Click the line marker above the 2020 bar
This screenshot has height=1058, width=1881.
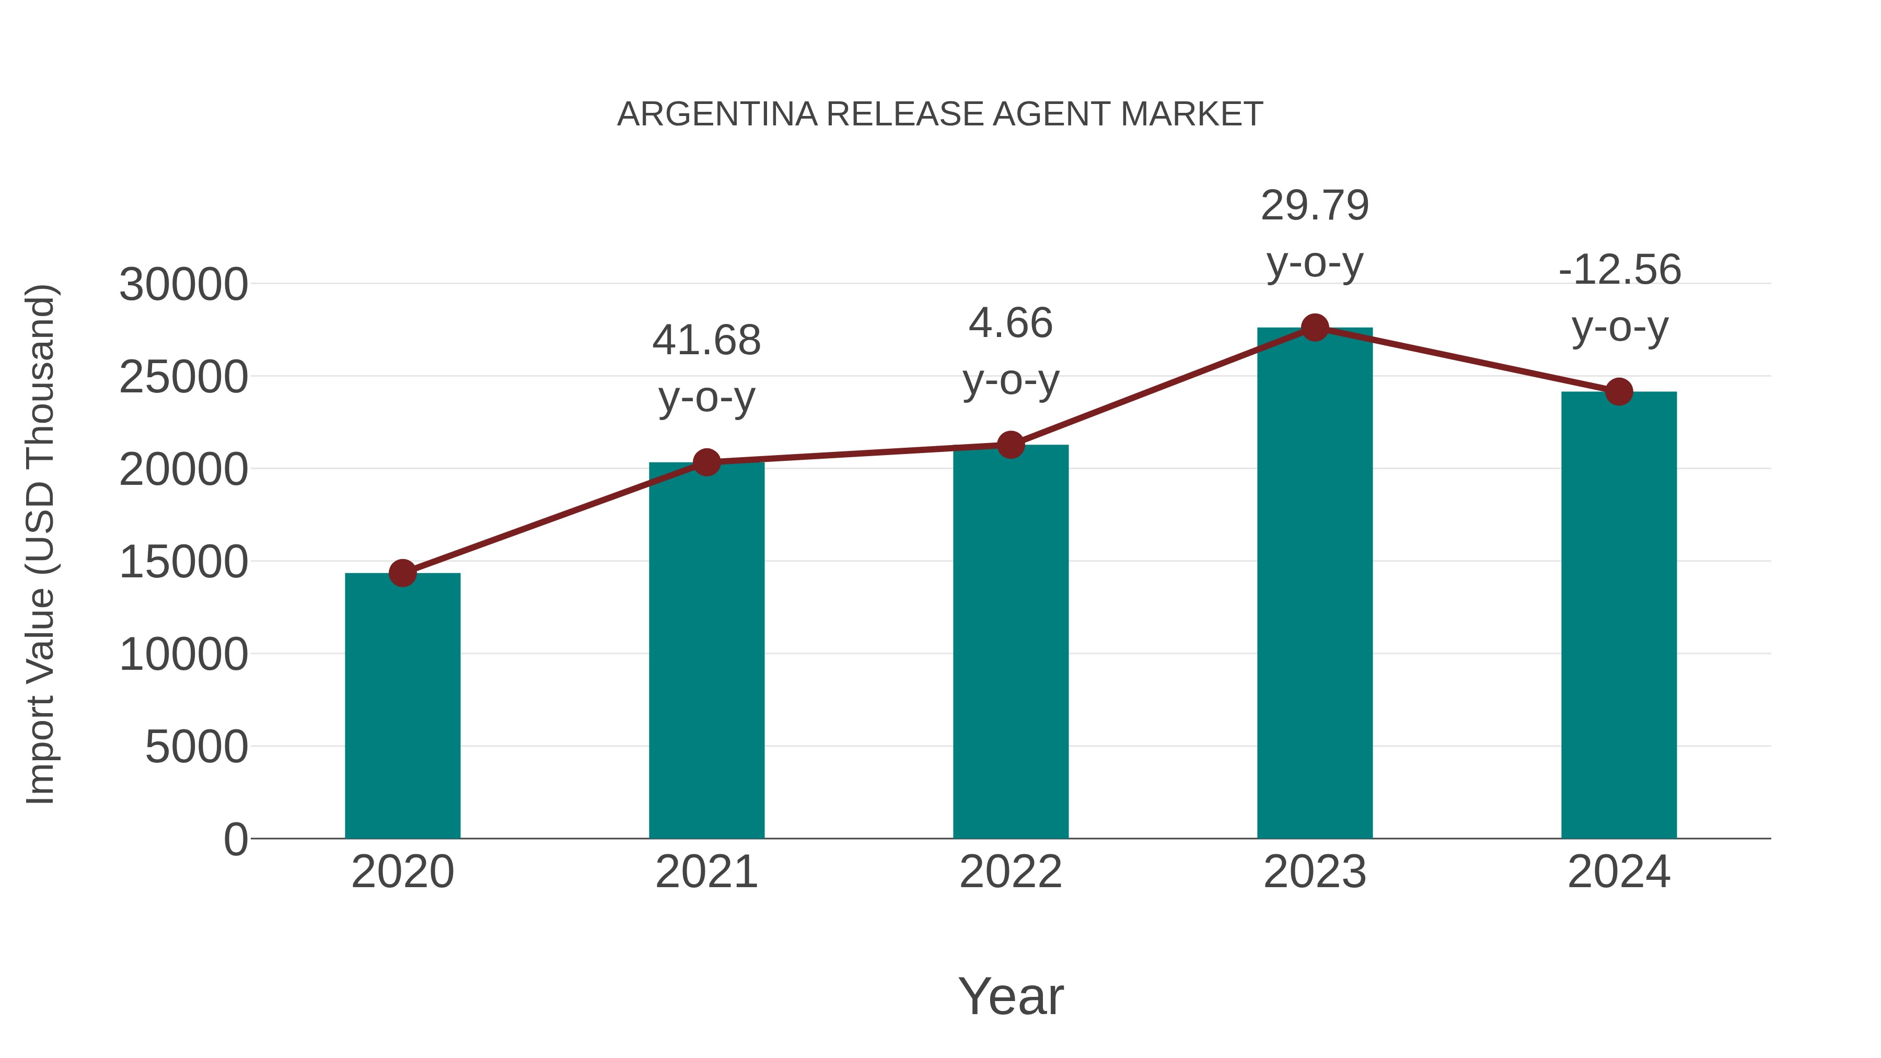pyautogui.click(x=402, y=573)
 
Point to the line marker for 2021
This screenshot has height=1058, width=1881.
pyautogui.click(x=706, y=462)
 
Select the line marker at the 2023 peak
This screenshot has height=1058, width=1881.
pyautogui.click(x=1315, y=328)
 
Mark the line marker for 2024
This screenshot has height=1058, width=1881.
pyautogui.click(x=1619, y=392)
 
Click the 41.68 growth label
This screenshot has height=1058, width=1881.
pyautogui.click(x=706, y=341)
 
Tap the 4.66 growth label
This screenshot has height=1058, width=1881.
pyautogui.click(x=1011, y=323)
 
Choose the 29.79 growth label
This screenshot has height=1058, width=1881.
pyautogui.click(x=1315, y=206)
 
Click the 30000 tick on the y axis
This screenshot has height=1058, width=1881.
pyautogui.click(x=183, y=285)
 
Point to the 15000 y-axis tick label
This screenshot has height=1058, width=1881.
pyautogui.click(x=183, y=562)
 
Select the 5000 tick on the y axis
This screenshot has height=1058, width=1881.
pyautogui.click(x=196, y=747)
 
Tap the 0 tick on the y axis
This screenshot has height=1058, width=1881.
pyautogui.click(x=235, y=840)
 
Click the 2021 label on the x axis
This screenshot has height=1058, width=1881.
pyautogui.click(x=706, y=872)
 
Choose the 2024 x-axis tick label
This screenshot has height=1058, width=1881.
pyautogui.click(x=1619, y=872)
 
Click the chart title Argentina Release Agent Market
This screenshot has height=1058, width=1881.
pyautogui.click(x=940, y=114)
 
